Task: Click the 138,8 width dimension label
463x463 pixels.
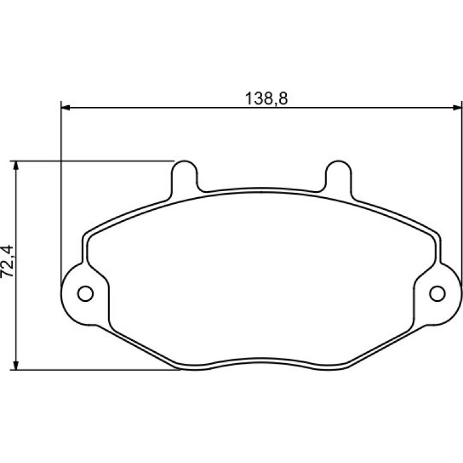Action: [x=266, y=99]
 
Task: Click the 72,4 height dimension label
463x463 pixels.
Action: [x=8, y=261]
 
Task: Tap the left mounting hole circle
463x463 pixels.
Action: [x=85, y=293]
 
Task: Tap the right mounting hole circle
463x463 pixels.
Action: [x=437, y=293]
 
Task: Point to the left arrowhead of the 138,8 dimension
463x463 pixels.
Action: [x=66, y=108]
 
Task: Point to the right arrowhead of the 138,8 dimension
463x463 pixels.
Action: [x=456, y=108]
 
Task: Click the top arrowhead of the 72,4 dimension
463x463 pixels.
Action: [x=16, y=165]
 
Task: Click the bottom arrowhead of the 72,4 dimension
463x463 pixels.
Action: [x=16, y=365]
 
